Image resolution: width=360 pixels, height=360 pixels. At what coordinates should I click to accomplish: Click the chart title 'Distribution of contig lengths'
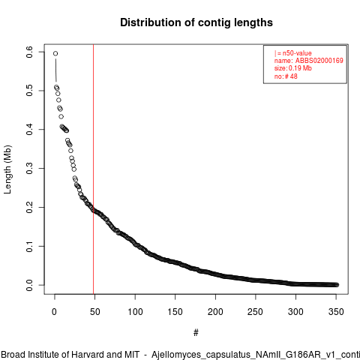click(x=196, y=22)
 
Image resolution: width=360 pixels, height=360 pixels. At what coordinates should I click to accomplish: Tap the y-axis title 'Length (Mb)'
click(x=7, y=169)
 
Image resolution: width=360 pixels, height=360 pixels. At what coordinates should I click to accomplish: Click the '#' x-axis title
click(x=196, y=333)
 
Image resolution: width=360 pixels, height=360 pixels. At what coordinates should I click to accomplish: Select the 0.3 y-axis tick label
click(x=29, y=168)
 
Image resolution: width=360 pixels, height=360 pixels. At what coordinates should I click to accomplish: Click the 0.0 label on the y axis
click(x=29, y=285)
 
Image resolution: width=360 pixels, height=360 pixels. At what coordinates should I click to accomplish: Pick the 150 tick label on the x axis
click(x=175, y=312)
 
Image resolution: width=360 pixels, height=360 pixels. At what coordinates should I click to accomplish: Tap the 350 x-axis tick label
click(x=336, y=312)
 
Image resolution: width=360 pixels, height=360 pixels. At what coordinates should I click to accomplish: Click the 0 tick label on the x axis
click(x=54, y=312)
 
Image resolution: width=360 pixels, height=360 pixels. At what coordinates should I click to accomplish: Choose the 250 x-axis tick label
click(x=256, y=312)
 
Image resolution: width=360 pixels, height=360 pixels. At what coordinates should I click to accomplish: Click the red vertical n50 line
click(x=94, y=169)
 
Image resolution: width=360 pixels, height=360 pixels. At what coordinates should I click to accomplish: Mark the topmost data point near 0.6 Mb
click(x=55, y=53)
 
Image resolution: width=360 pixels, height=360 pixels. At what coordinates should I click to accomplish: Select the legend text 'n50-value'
click(x=297, y=53)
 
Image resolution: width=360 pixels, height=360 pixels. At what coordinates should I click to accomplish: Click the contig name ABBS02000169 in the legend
click(x=319, y=61)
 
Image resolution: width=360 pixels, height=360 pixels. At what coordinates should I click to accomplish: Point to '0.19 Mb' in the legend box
click(x=300, y=68)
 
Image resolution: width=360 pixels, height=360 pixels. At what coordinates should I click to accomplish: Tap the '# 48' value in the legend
click(x=291, y=76)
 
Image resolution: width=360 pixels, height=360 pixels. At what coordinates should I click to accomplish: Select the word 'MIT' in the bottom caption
click(x=132, y=355)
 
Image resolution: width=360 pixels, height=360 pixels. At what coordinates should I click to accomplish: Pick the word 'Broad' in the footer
click(x=13, y=355)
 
